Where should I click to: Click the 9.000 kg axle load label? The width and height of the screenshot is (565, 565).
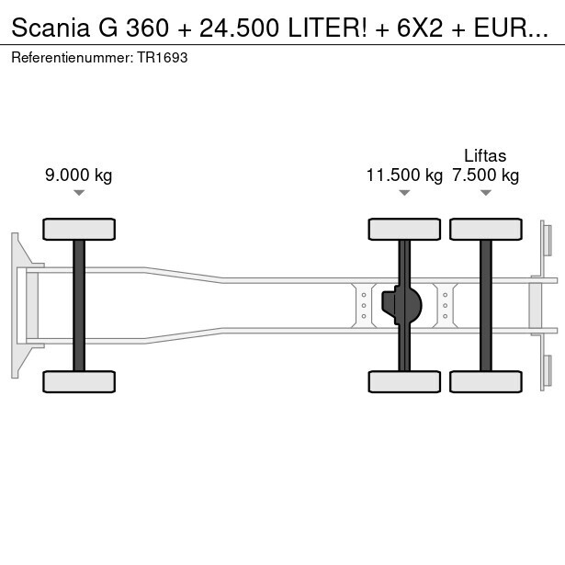pyautogui.click(x=79, y=175)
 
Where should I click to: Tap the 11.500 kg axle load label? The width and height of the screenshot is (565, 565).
pyautogui.click(x=404, y=175)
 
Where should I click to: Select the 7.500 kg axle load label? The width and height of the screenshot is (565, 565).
pyautogui.click(x=486, y=175)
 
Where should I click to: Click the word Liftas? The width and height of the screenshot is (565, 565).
pyautogui.click(x=485, y=155)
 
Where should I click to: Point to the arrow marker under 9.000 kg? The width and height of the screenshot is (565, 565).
pyautogui.click(x=79, y=193)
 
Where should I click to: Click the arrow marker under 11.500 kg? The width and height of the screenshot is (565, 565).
pyautogui.click(x=404, y=193)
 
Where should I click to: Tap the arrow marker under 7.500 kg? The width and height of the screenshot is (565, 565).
pyautogui.click(x=486, y=193)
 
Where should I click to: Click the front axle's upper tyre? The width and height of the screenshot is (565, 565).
pyautogui.click(x=79, y=229)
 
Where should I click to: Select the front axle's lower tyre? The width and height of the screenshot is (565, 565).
pyautogui.click(x=79, y=381)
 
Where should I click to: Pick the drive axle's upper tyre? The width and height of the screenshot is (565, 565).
pyautogui.click(x=404, y=229)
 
